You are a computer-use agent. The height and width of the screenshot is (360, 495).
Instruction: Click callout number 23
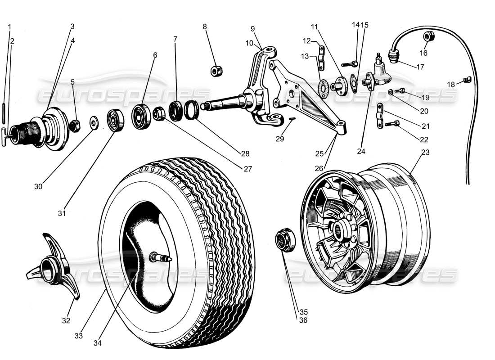pyautogui.click(x=425, y=153)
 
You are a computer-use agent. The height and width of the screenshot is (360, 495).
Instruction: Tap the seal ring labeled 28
pyautogui.click(x=192, y=111)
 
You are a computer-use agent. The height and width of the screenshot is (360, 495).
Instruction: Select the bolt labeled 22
pyautogui.click(x=391, y=122)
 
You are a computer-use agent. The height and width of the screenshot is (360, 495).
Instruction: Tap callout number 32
pyautogui.click(x=66, y=321)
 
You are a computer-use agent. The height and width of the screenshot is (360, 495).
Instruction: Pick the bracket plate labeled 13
pyautogui.click(x=321, y=58)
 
